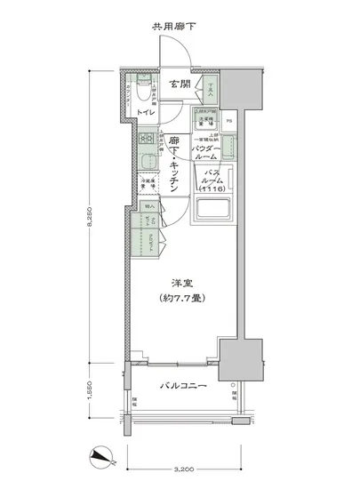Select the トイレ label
pos(147,114)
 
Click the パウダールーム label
pos(214,149)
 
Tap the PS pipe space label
pos(230,121)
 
